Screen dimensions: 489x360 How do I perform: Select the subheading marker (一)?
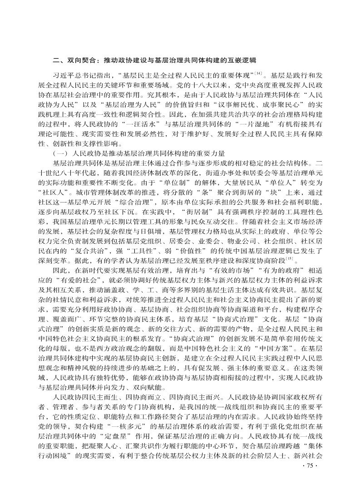60,153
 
